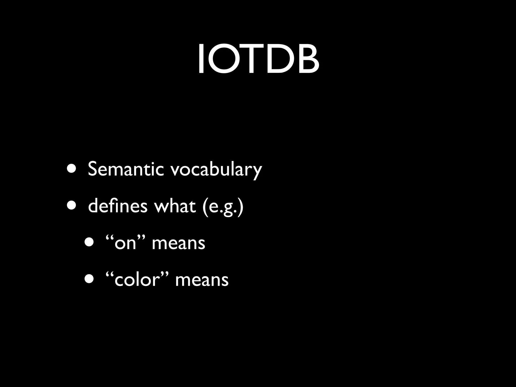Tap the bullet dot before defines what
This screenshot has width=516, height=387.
[x=71, y=206]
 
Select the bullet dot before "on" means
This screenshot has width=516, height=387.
[x=89, y=243]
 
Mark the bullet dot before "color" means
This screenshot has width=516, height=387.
[x=89, y=279]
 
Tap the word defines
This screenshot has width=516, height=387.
[x=118, y=206]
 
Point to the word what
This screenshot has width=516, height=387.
[x=175, y=206]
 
